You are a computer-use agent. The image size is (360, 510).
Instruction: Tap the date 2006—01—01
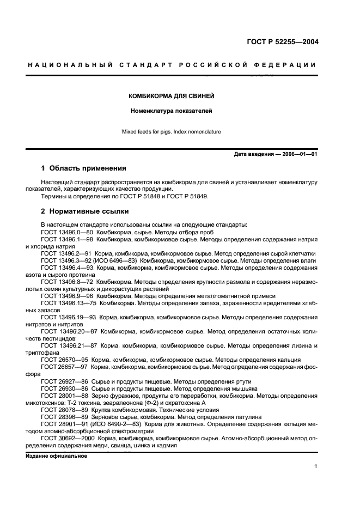point(298,155)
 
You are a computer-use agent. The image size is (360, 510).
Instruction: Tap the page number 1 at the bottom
point(316,466)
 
